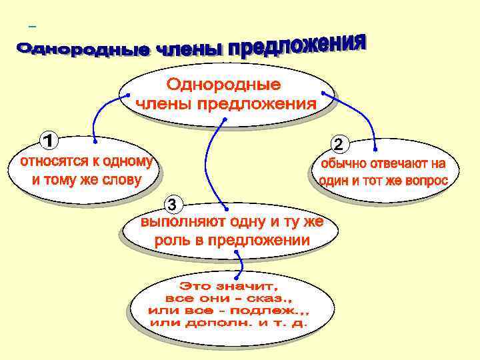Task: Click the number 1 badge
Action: coord(48,141)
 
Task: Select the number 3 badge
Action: coord(173,203)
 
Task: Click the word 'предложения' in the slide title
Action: coord(297,46)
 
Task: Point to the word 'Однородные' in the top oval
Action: coord(223,85)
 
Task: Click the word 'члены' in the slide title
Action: coord(189,49)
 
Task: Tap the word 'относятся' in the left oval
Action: coord(50,162)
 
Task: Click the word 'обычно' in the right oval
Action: coord(347,164)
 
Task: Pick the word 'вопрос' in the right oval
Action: coord(423,181)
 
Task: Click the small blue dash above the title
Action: coord(32,28)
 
